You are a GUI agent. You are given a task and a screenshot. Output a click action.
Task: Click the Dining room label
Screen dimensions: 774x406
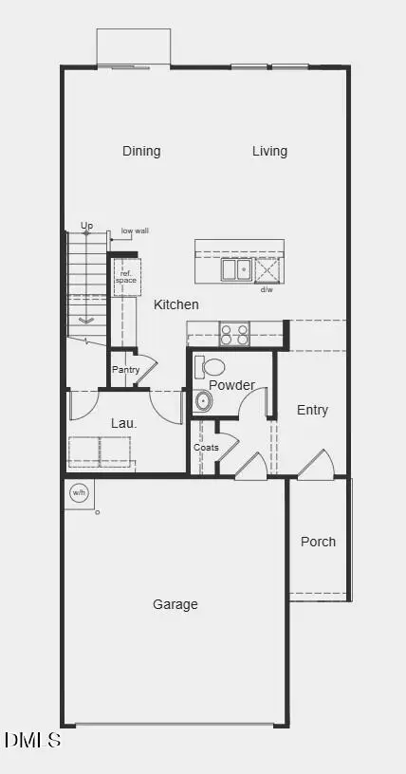point(141,151)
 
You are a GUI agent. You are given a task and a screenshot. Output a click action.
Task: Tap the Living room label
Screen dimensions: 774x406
point(269,151)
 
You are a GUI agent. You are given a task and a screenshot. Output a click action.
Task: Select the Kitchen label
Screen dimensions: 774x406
point(176,304)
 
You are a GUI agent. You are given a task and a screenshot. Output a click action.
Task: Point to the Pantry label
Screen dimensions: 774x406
point(126,369)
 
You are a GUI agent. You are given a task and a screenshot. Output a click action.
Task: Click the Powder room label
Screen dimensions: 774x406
point(231,385)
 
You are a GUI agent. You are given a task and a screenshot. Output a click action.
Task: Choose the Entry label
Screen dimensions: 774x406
point(312,410)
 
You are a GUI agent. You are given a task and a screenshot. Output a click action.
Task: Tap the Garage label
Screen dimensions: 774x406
point(175,604)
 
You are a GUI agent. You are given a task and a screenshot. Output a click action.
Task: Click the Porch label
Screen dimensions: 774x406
point(318,542)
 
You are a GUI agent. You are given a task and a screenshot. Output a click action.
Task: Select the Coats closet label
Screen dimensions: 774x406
point(206,448)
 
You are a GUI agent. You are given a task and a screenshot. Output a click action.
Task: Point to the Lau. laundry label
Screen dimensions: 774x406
point(124,423)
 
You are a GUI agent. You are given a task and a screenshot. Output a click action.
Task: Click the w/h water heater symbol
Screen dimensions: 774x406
point(79,492)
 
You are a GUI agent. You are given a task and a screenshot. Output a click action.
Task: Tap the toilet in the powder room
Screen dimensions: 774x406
point(212,366)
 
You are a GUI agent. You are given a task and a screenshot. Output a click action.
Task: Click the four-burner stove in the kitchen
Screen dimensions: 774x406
point(234,334)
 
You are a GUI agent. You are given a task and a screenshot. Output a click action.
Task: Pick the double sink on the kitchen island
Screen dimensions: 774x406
point(237,269)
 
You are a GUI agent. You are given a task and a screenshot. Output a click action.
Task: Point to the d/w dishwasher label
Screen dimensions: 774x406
point(267,289)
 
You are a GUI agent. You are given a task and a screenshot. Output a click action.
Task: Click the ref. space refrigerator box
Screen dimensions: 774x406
point(126,276)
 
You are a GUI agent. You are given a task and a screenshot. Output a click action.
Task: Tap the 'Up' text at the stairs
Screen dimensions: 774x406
point(87,226)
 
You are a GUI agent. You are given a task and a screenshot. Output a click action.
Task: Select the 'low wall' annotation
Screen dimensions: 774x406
point(135,230)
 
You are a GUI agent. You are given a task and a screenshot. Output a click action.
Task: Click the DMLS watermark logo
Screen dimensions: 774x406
point(33,740)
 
